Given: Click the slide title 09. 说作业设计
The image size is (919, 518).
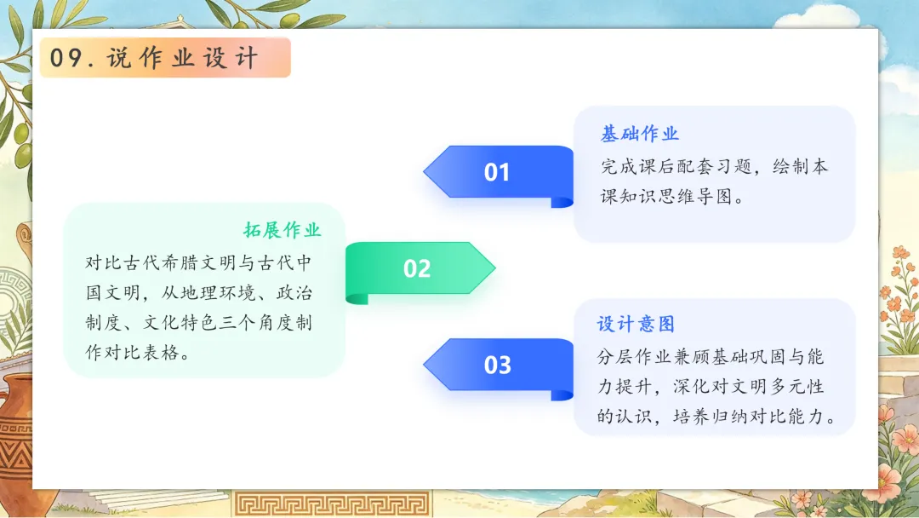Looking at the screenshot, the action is click(153, 58).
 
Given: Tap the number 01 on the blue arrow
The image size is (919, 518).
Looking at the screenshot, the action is click(497, 172).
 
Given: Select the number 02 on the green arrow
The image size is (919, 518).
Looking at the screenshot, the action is click(417, 268).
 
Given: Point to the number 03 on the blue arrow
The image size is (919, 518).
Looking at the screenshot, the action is click(497, 365).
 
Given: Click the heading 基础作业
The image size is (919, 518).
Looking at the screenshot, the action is click(639, 134).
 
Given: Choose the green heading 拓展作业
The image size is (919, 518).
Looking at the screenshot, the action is click(282, 230).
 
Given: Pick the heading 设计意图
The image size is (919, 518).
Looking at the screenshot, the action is click(636, 324).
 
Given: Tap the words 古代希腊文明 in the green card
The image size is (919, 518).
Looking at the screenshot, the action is click(170, 262).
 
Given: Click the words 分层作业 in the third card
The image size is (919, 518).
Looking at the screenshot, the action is click(634, 357).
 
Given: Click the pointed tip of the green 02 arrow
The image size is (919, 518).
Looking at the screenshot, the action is click(495, 268).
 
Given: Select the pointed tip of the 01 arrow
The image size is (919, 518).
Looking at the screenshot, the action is click(425, 172).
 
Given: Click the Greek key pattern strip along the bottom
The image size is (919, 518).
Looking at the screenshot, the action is click(332, 504).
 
